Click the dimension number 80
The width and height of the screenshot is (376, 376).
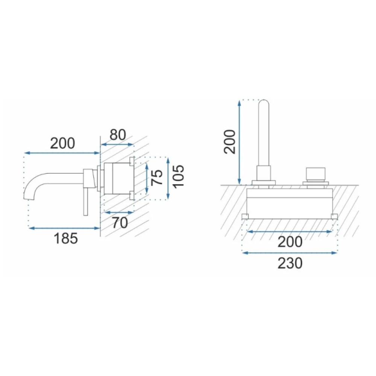click(118, 135)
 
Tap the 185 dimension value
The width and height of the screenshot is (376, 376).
click(66, 238)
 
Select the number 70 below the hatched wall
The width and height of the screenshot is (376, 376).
click(120, 223)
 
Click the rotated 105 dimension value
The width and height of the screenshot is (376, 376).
click(178, 176)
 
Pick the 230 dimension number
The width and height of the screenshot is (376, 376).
click(290, 263)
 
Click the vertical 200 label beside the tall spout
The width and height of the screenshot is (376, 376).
click(229, 141)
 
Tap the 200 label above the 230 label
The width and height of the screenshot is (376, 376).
click(290, 242)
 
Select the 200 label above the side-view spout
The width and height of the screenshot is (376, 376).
click(62, 143)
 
